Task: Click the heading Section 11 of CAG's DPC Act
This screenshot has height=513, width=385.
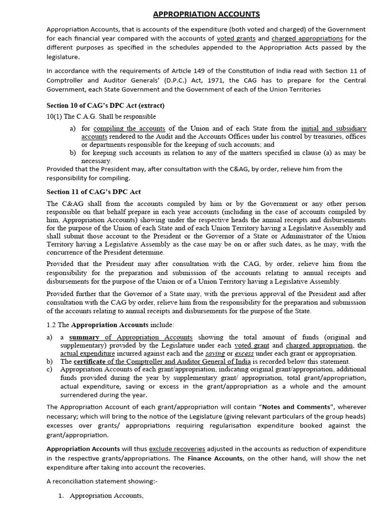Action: [x=93, y=192]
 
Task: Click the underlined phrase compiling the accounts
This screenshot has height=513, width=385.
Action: [x=129, y=128]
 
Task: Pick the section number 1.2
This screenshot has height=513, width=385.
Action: [x=52, y=325]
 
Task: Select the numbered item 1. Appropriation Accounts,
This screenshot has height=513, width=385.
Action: [x=102, y=496]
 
